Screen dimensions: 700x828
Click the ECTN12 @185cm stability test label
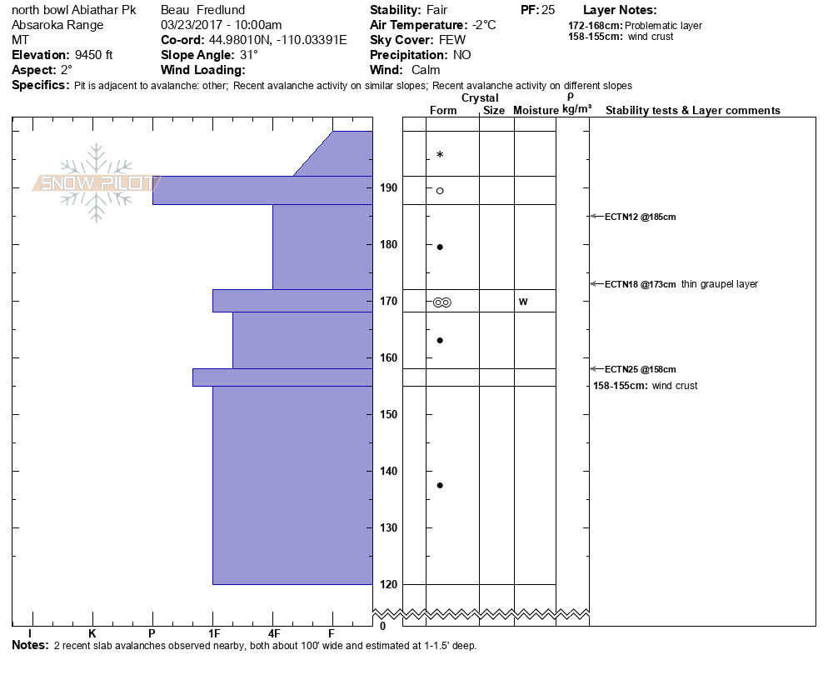point(640,217)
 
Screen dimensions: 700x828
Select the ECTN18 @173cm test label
point(640,284)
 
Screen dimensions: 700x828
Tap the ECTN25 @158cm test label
point(640,369)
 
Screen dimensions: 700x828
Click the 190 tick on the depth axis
point(387,188)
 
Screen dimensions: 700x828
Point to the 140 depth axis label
point(387,472)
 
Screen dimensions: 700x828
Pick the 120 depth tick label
point(387,585)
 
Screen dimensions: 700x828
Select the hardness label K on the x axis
point(92,634)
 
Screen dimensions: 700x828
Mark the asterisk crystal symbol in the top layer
point(440,155)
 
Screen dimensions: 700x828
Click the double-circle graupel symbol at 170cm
point(441,302)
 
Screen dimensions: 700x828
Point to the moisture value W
point(523,302)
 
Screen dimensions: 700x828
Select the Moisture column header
point(536,111)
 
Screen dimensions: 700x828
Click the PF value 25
point(548,10)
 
